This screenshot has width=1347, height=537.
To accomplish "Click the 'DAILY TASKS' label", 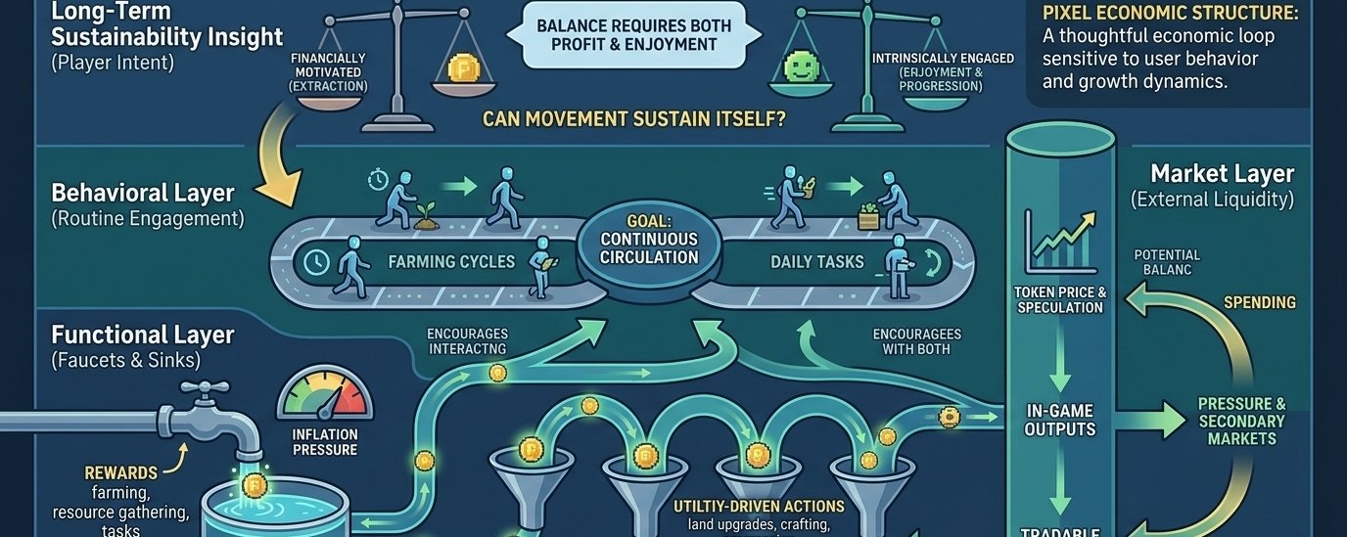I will (x=817, y=262).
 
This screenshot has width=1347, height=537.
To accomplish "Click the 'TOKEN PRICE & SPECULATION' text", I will (x=1060, y=299).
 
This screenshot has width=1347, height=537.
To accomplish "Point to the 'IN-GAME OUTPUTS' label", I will (x=1060, y=420).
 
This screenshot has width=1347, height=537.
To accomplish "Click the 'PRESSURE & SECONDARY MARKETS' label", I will (x=1241, y=422).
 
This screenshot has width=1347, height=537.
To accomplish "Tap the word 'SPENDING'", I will (x=1259, y=303).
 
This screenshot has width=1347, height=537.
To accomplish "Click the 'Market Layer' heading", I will (x=1222, y=174).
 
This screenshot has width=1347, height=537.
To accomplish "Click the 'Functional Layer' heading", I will (x=142, y=336).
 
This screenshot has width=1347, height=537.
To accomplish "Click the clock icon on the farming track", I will (x=316, y=262).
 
